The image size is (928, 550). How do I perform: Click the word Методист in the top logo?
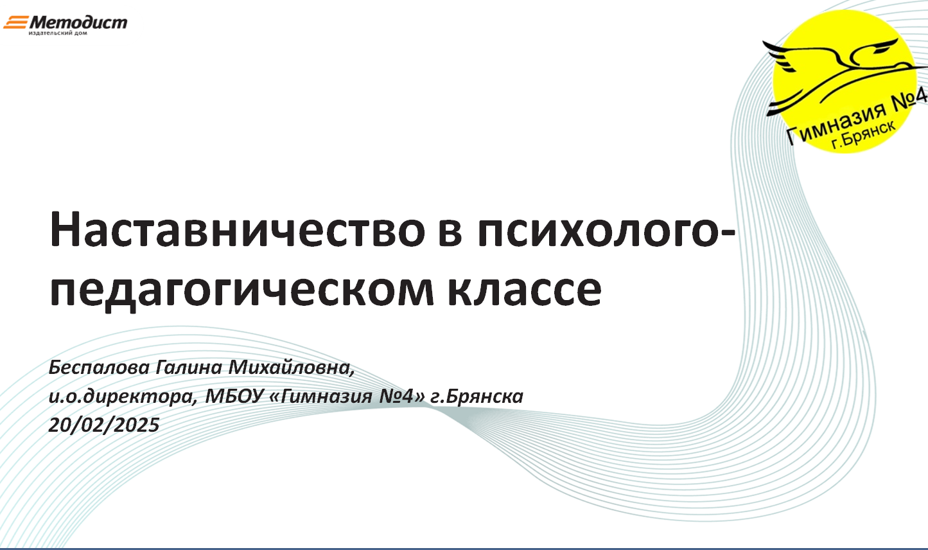pos(78,22)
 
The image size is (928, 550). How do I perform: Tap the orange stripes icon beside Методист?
pos(16,22)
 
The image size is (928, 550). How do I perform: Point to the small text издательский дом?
pos(58,33)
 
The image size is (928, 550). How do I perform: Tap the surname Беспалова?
pos(99,368)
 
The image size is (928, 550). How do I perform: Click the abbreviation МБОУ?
pos(234,396)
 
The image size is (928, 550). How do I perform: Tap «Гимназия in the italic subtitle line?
pos(321,396)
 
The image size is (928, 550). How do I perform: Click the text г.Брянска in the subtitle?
pos(477,397)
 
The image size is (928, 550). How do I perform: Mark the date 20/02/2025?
pos(104,425)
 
